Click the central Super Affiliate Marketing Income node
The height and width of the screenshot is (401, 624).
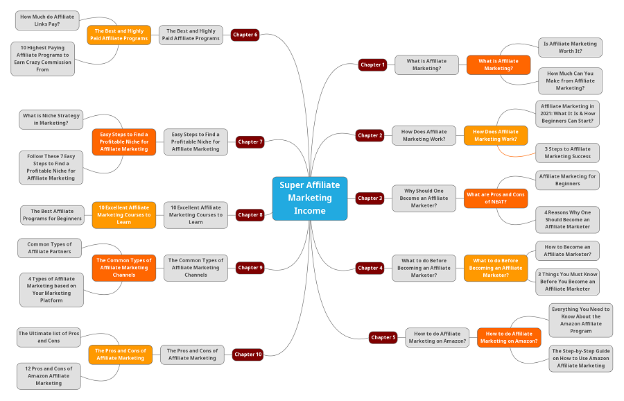tap(310, 198)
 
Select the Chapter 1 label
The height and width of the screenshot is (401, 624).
tap(372, 65)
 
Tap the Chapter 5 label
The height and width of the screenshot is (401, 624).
tap(383, 337)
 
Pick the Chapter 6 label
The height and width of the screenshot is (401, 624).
tap(245, 35)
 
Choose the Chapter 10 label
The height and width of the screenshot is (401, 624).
tap(248, 354)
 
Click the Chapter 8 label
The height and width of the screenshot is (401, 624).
tap(250, 214)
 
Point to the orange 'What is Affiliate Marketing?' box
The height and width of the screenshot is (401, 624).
tap(498, 65)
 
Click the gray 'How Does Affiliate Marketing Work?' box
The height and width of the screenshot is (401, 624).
tap(424, 135)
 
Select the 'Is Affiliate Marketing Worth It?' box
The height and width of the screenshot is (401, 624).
tap(570, 47)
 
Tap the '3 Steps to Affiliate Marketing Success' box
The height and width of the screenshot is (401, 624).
tap(567, 153)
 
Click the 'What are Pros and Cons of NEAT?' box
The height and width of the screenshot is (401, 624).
tap(495, 198)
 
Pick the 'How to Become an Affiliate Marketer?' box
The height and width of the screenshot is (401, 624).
tap(567, 250)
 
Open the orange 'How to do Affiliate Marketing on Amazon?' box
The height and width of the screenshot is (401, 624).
tap(509, 337)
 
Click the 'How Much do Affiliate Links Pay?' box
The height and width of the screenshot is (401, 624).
tap(48, 20)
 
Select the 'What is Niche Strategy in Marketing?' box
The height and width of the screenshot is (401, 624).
tap(51, 119)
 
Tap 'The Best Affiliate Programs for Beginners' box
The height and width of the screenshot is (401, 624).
tap(52, 215)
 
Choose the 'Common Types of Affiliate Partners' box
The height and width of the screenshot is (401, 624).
tap(49, 248)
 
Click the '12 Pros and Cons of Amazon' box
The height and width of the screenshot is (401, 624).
tap(49, 375)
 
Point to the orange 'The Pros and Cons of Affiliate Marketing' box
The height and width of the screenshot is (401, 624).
tap(120, 354)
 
